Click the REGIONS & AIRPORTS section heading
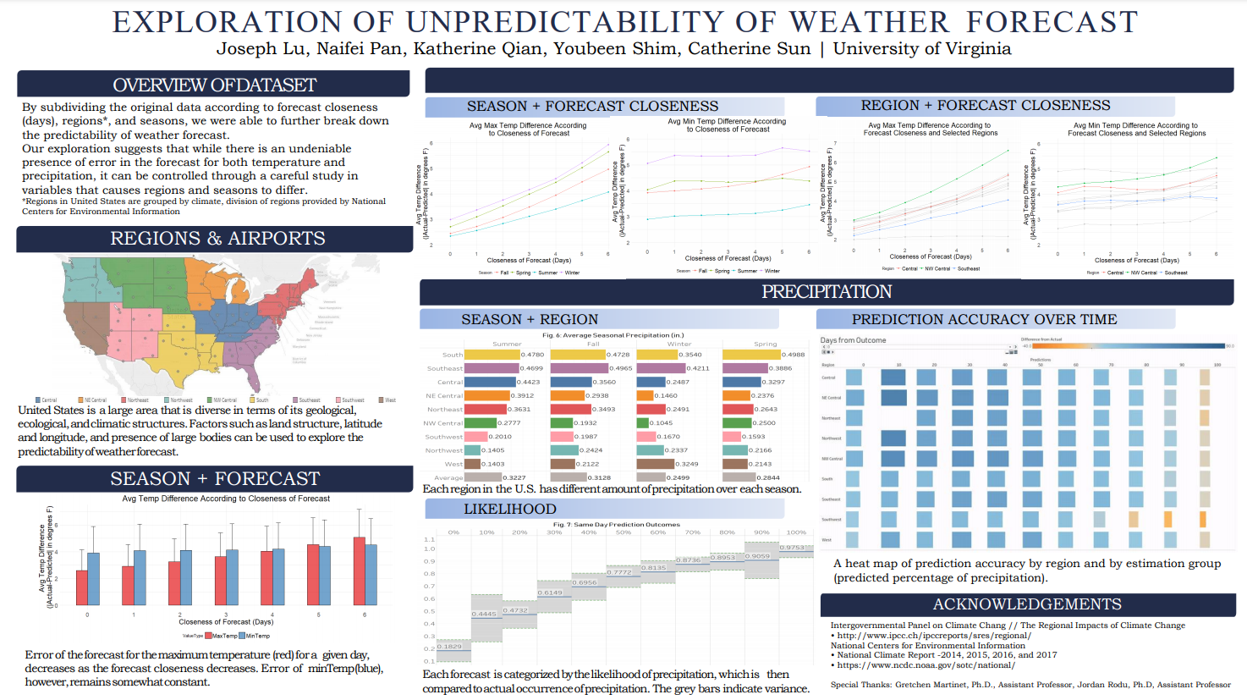pos(217,239)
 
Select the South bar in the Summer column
pos(492,355)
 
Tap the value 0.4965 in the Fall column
pos(621,368)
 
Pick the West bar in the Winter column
pos(656,464)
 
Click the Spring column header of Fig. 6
pos(765,344)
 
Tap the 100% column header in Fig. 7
pos(796,532)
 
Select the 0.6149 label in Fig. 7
pos(550,593)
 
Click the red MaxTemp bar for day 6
pos(360,570)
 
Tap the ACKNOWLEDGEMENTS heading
pos(1027,604)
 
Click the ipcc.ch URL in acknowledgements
pos(934,635)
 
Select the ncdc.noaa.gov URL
pos(926,665)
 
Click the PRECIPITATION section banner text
pos(827,292)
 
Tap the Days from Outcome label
pos(854,340)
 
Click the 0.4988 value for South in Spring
pos(794,355)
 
